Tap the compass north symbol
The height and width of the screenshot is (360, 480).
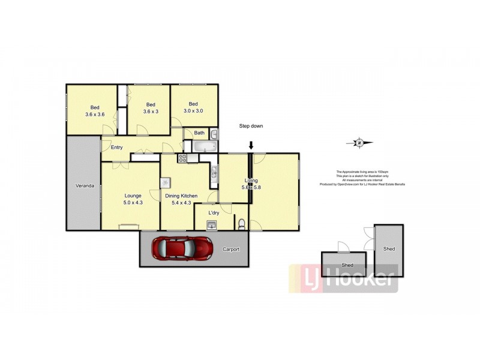(359, 143)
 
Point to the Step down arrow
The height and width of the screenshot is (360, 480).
(251, 145)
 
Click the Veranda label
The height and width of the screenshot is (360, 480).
(84, 186)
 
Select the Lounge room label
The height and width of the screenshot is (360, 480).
(133, 196)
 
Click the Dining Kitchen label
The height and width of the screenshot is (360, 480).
(181, 196)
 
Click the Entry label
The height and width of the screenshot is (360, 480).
(116, 148)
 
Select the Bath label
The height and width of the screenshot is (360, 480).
(199, 133)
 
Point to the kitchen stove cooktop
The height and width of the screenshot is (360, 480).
(183, 158)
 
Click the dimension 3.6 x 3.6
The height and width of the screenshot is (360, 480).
(95, 114)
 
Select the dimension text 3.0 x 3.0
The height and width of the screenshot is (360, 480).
(193, 111)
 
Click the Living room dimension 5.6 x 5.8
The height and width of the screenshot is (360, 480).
(251, 187)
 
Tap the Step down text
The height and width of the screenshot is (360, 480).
(251, 126)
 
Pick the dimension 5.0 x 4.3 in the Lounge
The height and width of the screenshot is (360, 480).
(133, 203)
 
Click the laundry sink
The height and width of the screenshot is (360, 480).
(211, 225)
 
